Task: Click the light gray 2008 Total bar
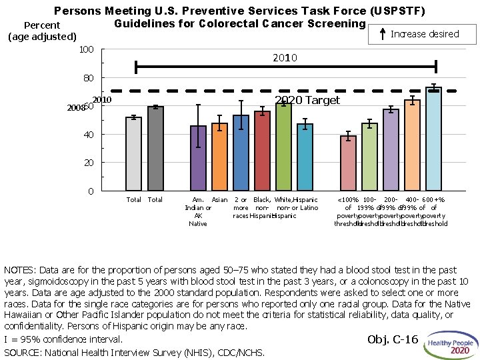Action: coord(133,155)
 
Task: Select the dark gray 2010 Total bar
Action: coord(155,149)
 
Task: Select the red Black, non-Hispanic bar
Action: coord(262,151)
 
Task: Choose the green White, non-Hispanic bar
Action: coord(283,147)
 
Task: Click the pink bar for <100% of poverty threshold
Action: coord(348,164)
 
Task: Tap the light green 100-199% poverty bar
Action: coord(369,158)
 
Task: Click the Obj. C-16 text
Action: coord(393,340)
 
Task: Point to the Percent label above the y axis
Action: coord(41,26)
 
